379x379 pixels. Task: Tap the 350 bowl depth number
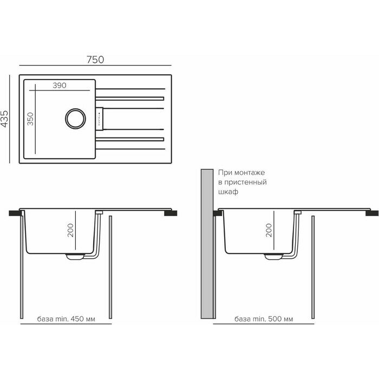point(30,119)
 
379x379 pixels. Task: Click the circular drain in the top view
point(74,117)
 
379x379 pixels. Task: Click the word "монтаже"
point(246,173)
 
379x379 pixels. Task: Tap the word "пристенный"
point(246,182)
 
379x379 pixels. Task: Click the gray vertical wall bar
point(205,244)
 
